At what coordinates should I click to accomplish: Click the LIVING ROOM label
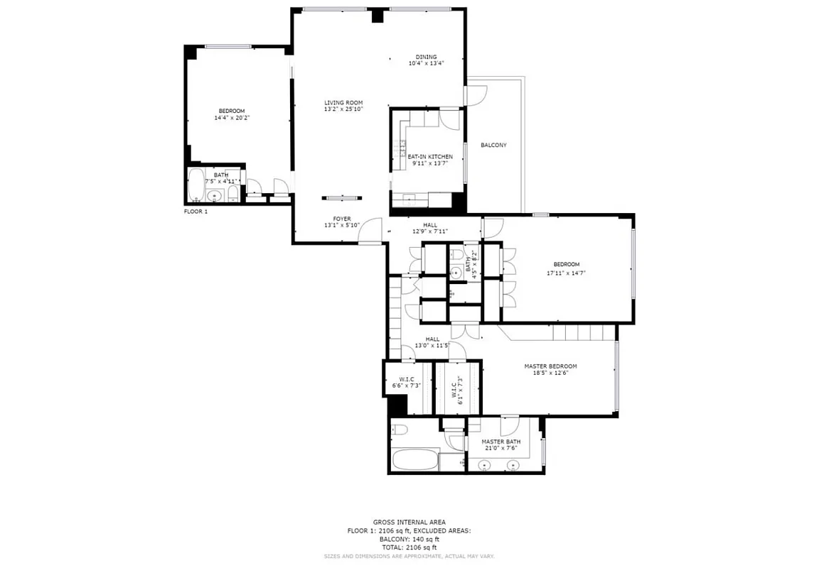click(343, 103)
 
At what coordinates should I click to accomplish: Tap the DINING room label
click(426, 57)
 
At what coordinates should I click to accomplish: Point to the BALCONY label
click(493, 145)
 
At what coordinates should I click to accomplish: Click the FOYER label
click(342, 219)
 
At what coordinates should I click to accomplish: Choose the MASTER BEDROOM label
click(550, 366)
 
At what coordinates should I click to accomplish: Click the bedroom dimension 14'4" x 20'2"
click(232, 118)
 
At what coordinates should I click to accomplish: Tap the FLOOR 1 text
click(196, 212)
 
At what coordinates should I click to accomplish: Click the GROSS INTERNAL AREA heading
click(409, 522)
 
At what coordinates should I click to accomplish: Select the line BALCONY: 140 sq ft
click(409, 539)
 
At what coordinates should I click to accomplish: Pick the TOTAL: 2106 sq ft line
click(409, 547)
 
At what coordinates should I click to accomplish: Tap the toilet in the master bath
click(401, 429)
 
